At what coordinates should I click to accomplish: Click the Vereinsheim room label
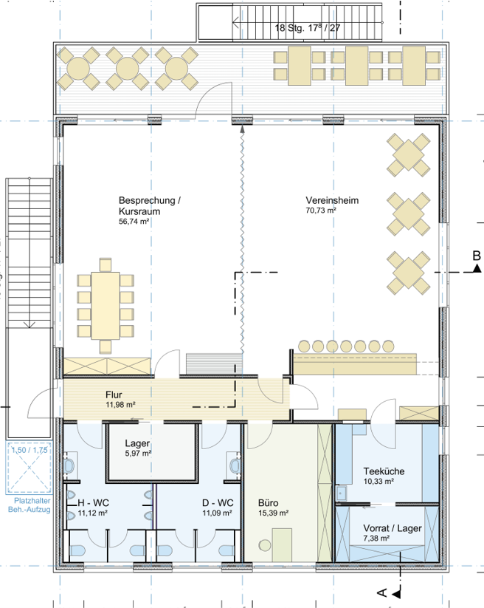tap(332, 200)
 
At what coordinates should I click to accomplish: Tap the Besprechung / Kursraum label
tap(150, 206)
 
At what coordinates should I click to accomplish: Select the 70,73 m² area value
tap(321, 211)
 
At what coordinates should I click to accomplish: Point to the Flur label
tap(114, 394)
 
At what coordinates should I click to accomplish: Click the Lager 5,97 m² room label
tap(137, 448)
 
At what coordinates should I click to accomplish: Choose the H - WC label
tap(93, 503)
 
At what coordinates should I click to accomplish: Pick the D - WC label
tap(218, 503)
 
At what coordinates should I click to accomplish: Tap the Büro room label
tap(269, 503)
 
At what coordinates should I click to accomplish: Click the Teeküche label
tap(384, 471)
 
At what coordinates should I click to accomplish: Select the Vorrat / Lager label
tap(393, 528)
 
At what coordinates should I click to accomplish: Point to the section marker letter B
tap(477, 256)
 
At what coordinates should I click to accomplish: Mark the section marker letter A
tap(382, 593)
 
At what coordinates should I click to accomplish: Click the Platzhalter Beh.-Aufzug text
tap(30, 505)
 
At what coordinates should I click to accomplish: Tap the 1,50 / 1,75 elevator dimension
tap(30, 450)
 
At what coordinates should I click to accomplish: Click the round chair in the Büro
tap(265, 545)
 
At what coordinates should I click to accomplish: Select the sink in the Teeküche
tap(341, 493)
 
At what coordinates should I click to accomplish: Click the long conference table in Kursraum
tap(106, 306)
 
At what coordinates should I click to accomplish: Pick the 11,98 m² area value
tap(120, 405)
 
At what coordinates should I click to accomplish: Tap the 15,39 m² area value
tap(274, 513)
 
